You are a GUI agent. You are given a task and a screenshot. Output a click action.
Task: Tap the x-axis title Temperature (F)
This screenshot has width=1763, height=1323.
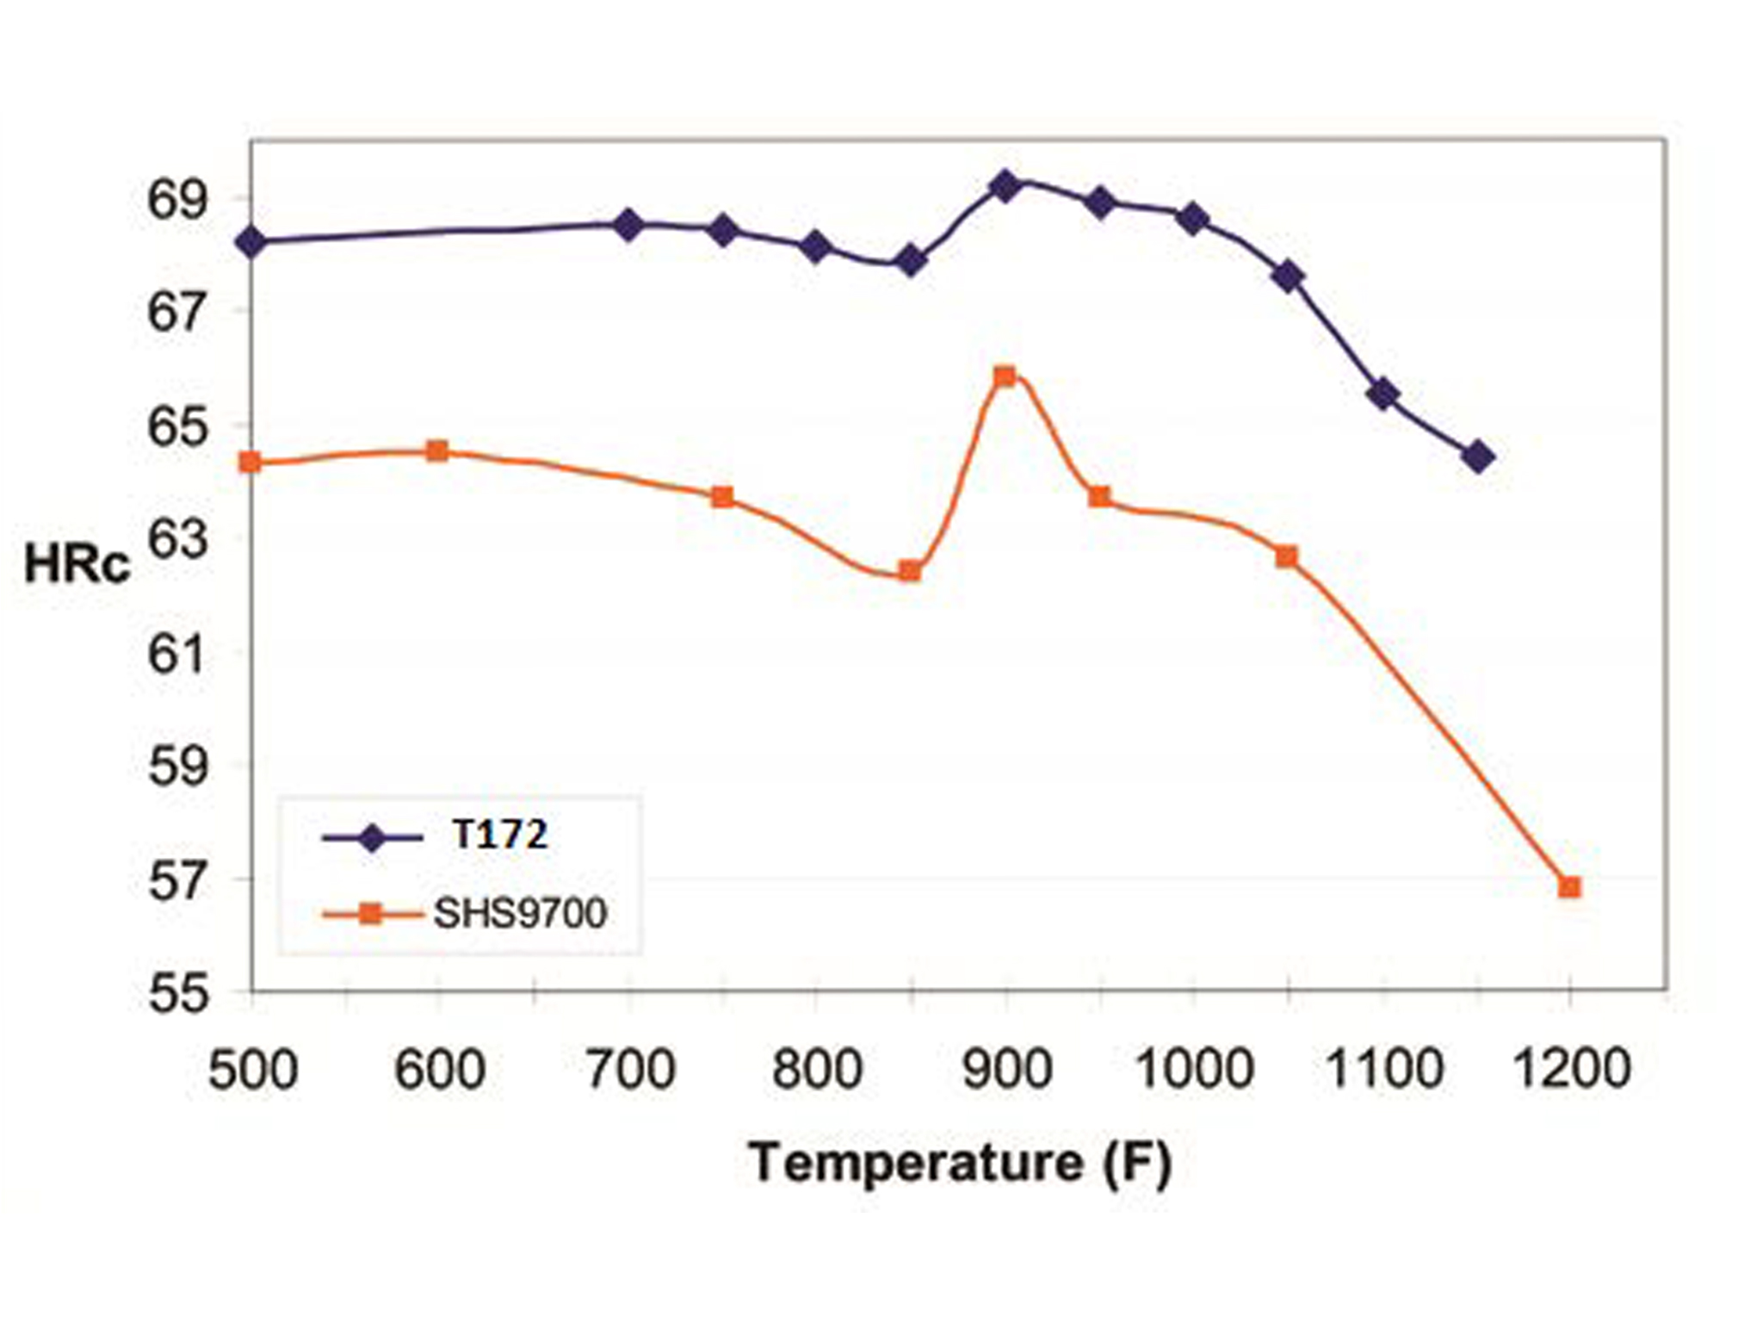959,1163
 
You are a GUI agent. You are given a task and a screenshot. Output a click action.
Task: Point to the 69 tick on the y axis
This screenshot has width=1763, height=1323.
178,200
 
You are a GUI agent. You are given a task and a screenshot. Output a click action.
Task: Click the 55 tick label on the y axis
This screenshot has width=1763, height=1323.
178,993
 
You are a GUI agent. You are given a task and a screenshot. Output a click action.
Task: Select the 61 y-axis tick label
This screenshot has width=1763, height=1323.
178,655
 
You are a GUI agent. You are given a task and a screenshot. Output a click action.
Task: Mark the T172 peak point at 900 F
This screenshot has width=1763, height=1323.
1005,186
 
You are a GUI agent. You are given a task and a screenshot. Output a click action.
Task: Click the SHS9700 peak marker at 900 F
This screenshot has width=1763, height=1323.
1005,376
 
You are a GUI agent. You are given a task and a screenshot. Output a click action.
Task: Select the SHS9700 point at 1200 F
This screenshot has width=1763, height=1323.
1569,887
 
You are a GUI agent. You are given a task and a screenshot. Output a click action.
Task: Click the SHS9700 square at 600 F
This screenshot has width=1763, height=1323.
437,450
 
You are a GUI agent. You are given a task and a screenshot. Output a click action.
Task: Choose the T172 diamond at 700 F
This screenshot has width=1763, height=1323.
628,226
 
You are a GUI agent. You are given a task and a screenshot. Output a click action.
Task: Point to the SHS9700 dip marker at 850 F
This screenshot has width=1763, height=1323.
910,571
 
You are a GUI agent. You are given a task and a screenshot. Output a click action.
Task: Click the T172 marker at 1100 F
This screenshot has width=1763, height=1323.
1383,394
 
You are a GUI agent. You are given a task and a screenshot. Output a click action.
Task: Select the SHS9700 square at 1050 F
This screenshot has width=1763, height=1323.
1286,556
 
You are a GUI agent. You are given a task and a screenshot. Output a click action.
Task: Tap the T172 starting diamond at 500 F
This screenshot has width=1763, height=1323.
251,242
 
